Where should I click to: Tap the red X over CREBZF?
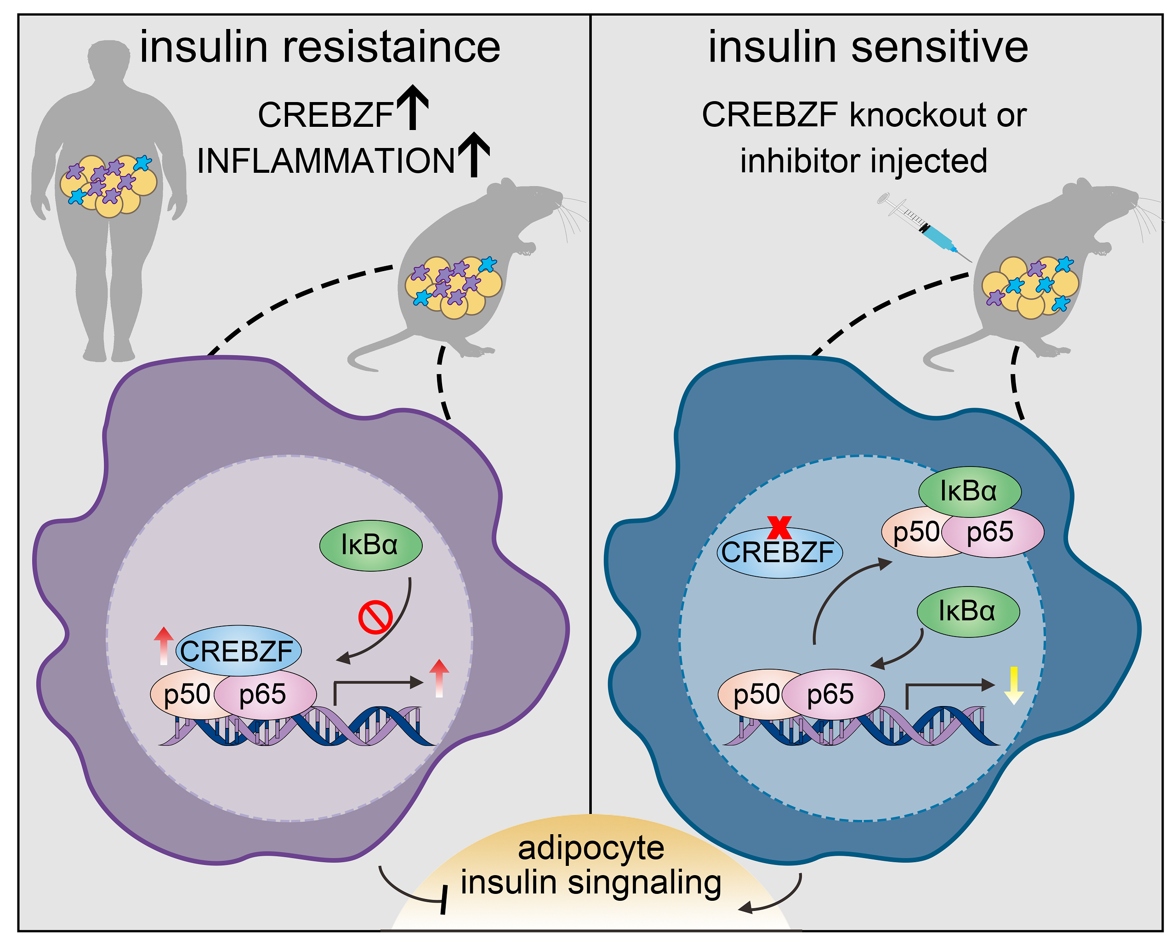[779, 528]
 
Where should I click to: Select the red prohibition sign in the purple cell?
[375, 617]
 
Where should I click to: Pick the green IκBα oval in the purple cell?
[370, 546]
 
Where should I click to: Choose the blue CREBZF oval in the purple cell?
[238, 651]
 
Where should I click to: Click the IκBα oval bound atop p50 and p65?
[969, 491]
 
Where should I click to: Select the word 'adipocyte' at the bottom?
[591, 848]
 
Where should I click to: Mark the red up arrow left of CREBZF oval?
[164, 646]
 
